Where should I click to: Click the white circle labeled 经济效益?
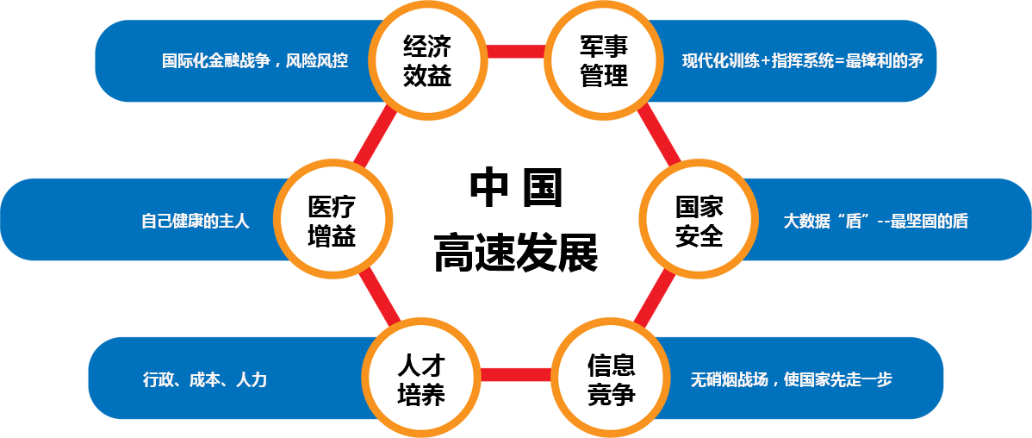[426, 60]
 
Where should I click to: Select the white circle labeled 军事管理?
[604, 60]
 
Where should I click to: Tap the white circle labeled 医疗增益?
[332, 221]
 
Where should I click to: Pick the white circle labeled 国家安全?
[699, 221]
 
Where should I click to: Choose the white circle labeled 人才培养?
[421, 380]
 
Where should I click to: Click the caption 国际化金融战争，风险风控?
[255, 61]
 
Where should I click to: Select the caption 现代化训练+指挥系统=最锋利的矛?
[803, 61]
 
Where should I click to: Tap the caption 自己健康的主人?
[196, 222]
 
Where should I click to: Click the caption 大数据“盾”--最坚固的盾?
[875, 222]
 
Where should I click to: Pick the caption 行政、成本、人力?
[205, 379]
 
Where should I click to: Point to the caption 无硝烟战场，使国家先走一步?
[791, 379]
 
